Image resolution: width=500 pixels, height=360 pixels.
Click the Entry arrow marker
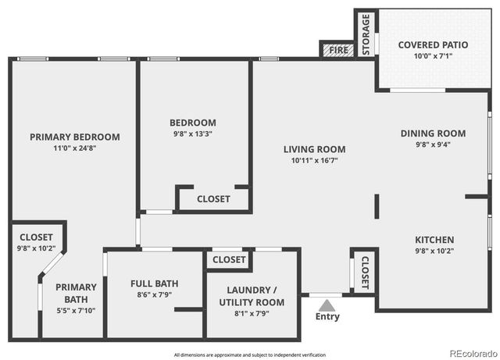(327, 304)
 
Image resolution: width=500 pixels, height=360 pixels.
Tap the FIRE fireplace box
(337, 50)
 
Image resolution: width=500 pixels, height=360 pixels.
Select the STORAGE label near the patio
(366, 34)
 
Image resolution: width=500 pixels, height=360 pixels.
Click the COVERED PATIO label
(433, 45)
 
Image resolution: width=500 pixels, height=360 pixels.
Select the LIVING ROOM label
(313, 149)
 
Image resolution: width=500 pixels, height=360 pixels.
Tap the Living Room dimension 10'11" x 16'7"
(313, 160)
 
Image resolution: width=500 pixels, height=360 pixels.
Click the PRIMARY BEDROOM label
(75, 137)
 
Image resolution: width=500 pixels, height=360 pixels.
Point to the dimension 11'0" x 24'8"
(75, 148)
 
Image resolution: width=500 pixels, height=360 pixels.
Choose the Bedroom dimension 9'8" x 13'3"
(193, 134)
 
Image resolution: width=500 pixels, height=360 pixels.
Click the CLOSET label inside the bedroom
(213, 199)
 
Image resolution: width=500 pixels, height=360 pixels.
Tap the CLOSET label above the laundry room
(229, 259)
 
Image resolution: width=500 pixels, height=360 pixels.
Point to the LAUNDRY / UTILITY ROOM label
(251, 296)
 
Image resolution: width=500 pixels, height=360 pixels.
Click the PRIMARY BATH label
(76, 293)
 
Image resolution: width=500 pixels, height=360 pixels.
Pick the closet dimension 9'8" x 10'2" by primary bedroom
(36, 249)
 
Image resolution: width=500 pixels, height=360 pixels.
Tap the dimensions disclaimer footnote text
(249, 354)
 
